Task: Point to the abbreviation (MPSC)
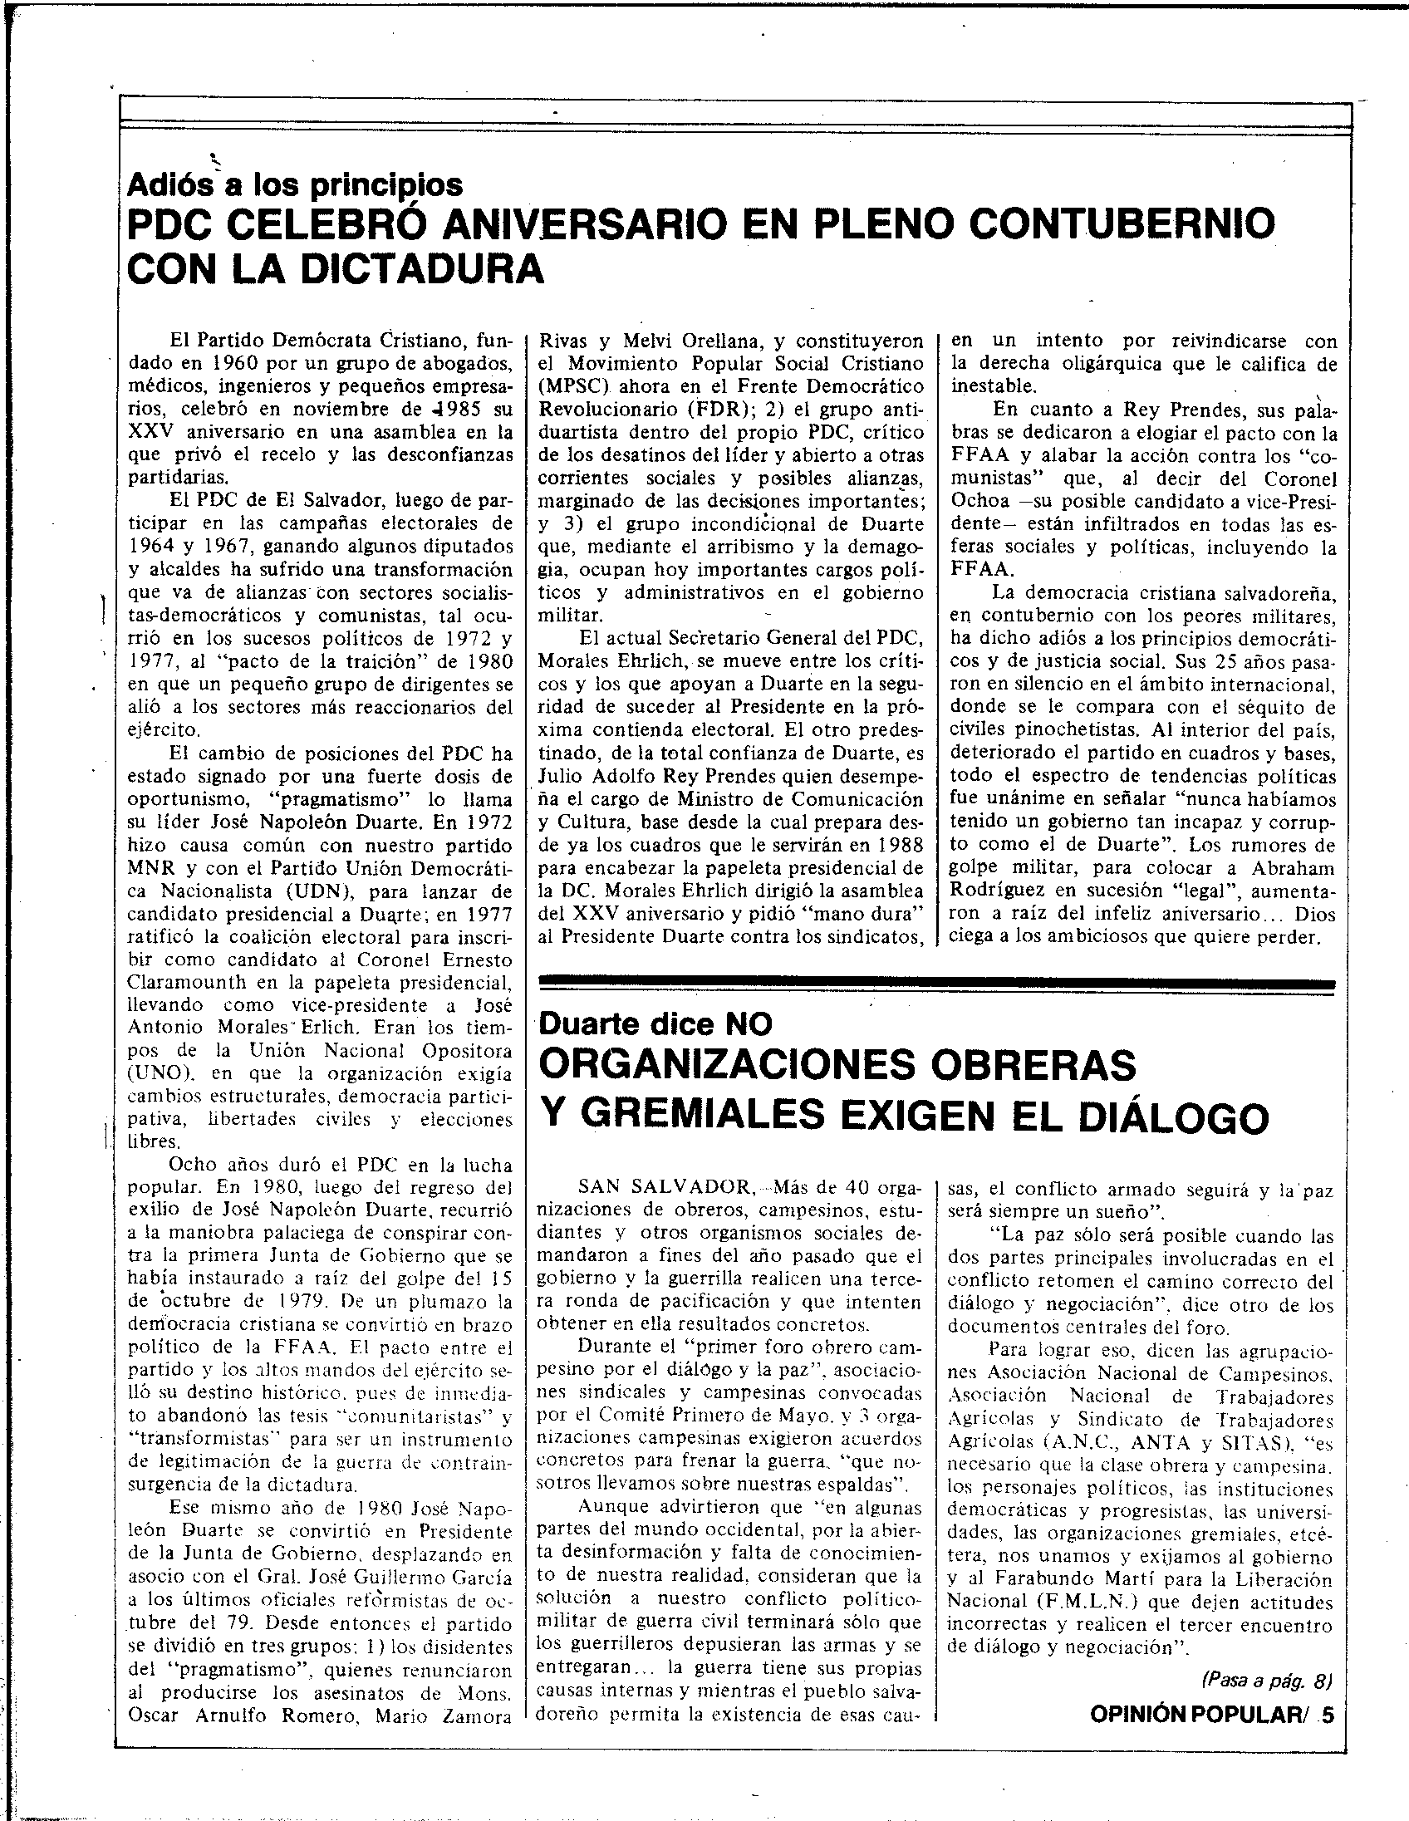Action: [x=575, y=387]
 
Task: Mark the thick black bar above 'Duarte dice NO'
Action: [x=938, y=984]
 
